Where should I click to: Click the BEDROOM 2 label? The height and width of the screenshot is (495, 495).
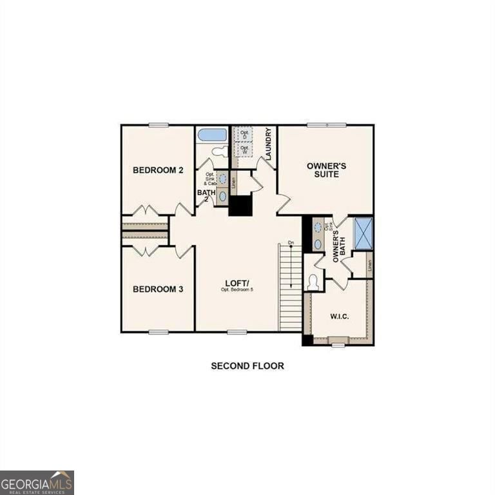point(158,170)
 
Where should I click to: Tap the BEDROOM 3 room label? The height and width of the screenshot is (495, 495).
point(158,289)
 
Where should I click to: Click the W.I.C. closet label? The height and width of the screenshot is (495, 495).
point(340,316)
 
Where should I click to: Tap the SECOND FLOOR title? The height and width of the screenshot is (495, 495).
point(247,365)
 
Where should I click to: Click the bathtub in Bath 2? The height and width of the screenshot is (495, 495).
point(212,135)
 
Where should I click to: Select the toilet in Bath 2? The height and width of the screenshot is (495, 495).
point(220,151)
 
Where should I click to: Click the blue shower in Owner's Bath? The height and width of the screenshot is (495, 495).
point(364,233)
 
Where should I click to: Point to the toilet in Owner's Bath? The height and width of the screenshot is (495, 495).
point(314,282)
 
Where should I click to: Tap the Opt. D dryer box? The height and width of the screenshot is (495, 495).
point(244,134)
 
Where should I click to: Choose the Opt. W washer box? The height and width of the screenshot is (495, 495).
point(244,149)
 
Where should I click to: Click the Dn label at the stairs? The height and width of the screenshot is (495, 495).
point(291,243)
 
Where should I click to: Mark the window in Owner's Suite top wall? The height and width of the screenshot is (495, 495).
point(326,124)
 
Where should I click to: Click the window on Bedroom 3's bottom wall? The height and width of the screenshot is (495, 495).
point(159,332)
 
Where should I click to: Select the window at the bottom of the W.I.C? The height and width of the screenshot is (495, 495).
point(338,345)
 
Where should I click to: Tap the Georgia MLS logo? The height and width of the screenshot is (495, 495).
point(37,482)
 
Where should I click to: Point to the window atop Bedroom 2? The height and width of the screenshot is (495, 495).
point(159,124)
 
